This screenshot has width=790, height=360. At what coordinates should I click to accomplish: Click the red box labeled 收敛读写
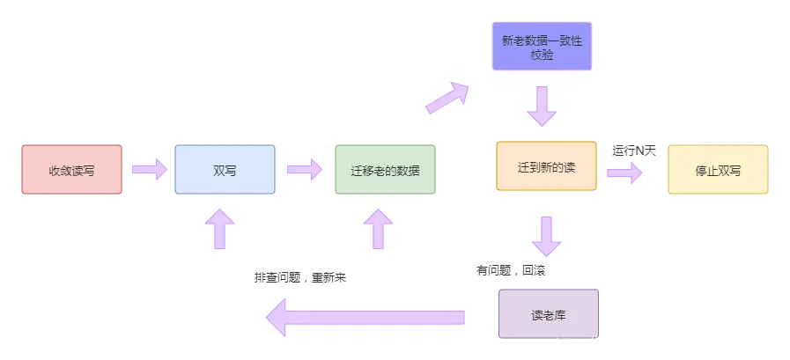71,170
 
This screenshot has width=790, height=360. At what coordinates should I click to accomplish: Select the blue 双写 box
225,170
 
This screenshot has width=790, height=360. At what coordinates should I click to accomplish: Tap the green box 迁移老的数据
385,170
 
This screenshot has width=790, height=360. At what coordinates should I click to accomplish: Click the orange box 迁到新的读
546,165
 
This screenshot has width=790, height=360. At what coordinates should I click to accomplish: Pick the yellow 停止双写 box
718,170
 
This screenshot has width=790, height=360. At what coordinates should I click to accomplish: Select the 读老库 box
548,312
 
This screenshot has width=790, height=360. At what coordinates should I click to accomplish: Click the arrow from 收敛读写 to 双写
147,169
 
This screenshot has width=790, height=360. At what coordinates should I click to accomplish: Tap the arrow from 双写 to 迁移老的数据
304,169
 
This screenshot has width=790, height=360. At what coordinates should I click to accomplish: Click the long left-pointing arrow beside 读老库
365,316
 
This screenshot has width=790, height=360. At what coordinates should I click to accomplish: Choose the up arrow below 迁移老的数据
379,229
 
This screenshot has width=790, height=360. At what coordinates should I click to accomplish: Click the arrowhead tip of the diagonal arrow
467,86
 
